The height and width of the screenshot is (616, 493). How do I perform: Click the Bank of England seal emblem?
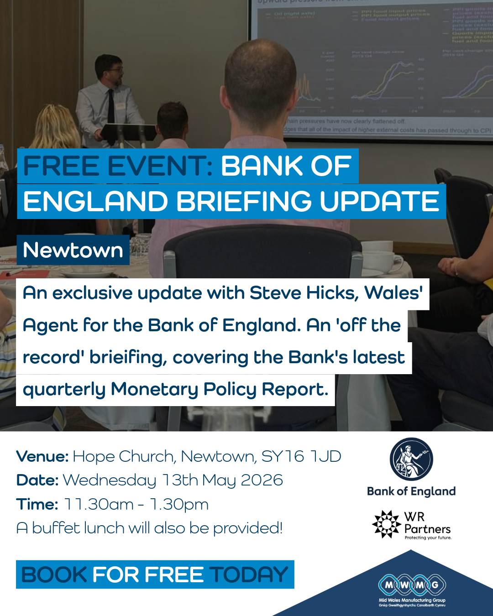411,459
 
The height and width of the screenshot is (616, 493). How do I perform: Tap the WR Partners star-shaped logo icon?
386,524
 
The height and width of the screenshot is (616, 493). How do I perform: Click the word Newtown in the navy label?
73,250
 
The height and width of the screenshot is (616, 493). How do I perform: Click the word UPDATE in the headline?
379,201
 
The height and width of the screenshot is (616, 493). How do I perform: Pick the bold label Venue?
42,456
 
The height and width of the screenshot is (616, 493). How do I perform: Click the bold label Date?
37,480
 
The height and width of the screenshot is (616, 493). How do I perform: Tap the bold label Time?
37,504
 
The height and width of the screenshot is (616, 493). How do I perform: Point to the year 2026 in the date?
262,480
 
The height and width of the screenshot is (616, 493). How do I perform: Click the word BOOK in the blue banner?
54,574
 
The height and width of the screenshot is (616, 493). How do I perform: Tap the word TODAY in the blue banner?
249,574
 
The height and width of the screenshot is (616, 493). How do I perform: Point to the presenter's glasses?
116,70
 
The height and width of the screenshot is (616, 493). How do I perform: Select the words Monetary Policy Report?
220,390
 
